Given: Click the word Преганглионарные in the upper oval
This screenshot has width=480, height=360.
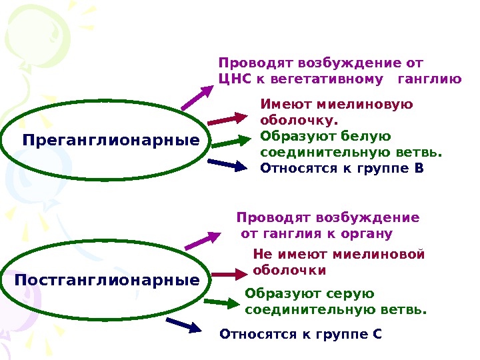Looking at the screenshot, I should click(111, 141).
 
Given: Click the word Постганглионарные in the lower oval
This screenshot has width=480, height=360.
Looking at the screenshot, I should click(107, 280).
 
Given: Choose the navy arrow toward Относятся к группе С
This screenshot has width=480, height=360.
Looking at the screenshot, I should click(184, 325).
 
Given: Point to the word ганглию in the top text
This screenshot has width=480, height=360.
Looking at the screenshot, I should click(428, 81).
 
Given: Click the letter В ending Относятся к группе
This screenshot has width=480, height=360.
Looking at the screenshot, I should click(418, 168).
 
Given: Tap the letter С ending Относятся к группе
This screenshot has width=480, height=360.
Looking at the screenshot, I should click(377, 333).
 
